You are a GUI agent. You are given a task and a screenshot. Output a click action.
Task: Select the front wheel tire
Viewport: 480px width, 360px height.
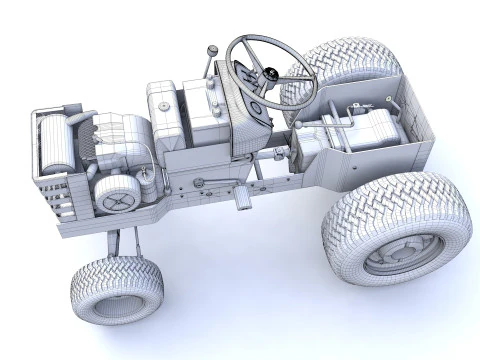116,289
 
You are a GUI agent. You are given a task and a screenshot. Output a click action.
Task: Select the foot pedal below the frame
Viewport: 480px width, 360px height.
241,200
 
